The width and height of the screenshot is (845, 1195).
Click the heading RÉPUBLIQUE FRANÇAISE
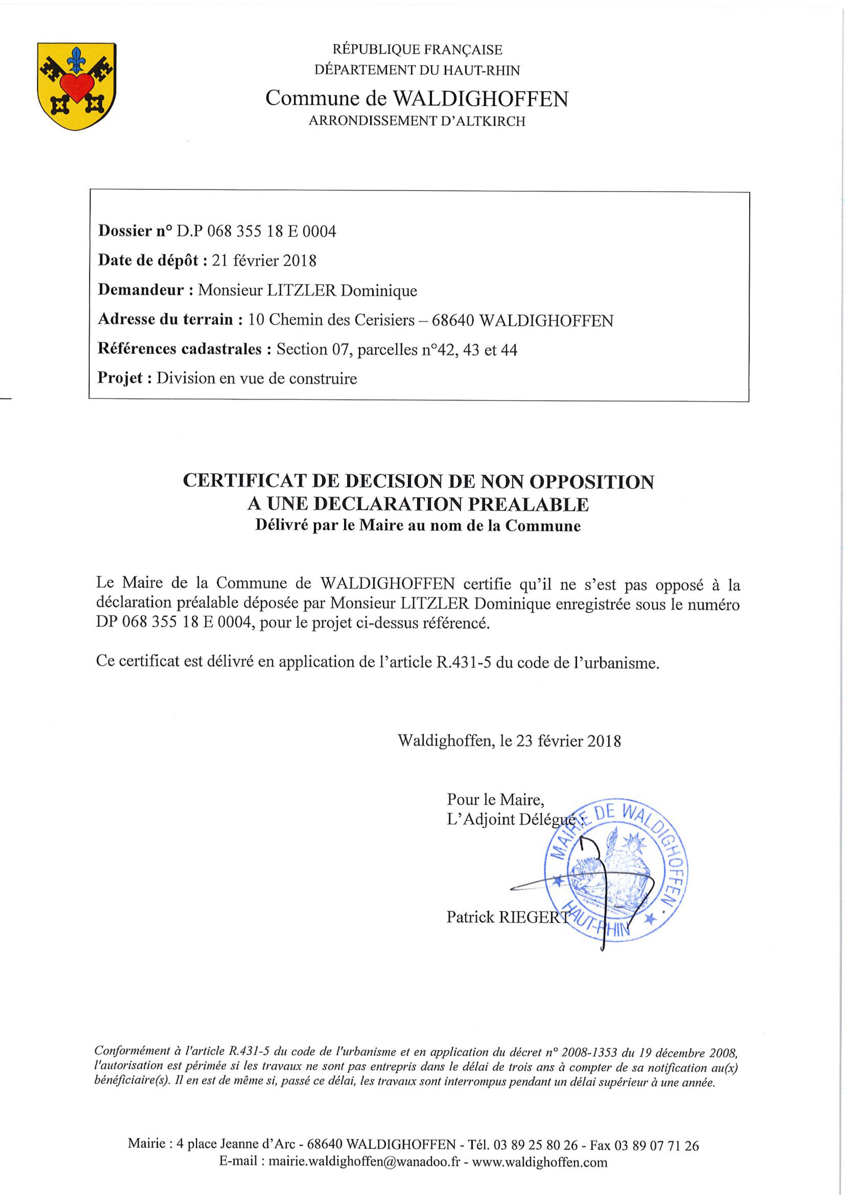tap(418, 50)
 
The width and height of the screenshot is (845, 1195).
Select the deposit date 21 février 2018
tap(264, 260)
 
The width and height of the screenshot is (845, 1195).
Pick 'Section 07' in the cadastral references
tap(309, 349)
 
